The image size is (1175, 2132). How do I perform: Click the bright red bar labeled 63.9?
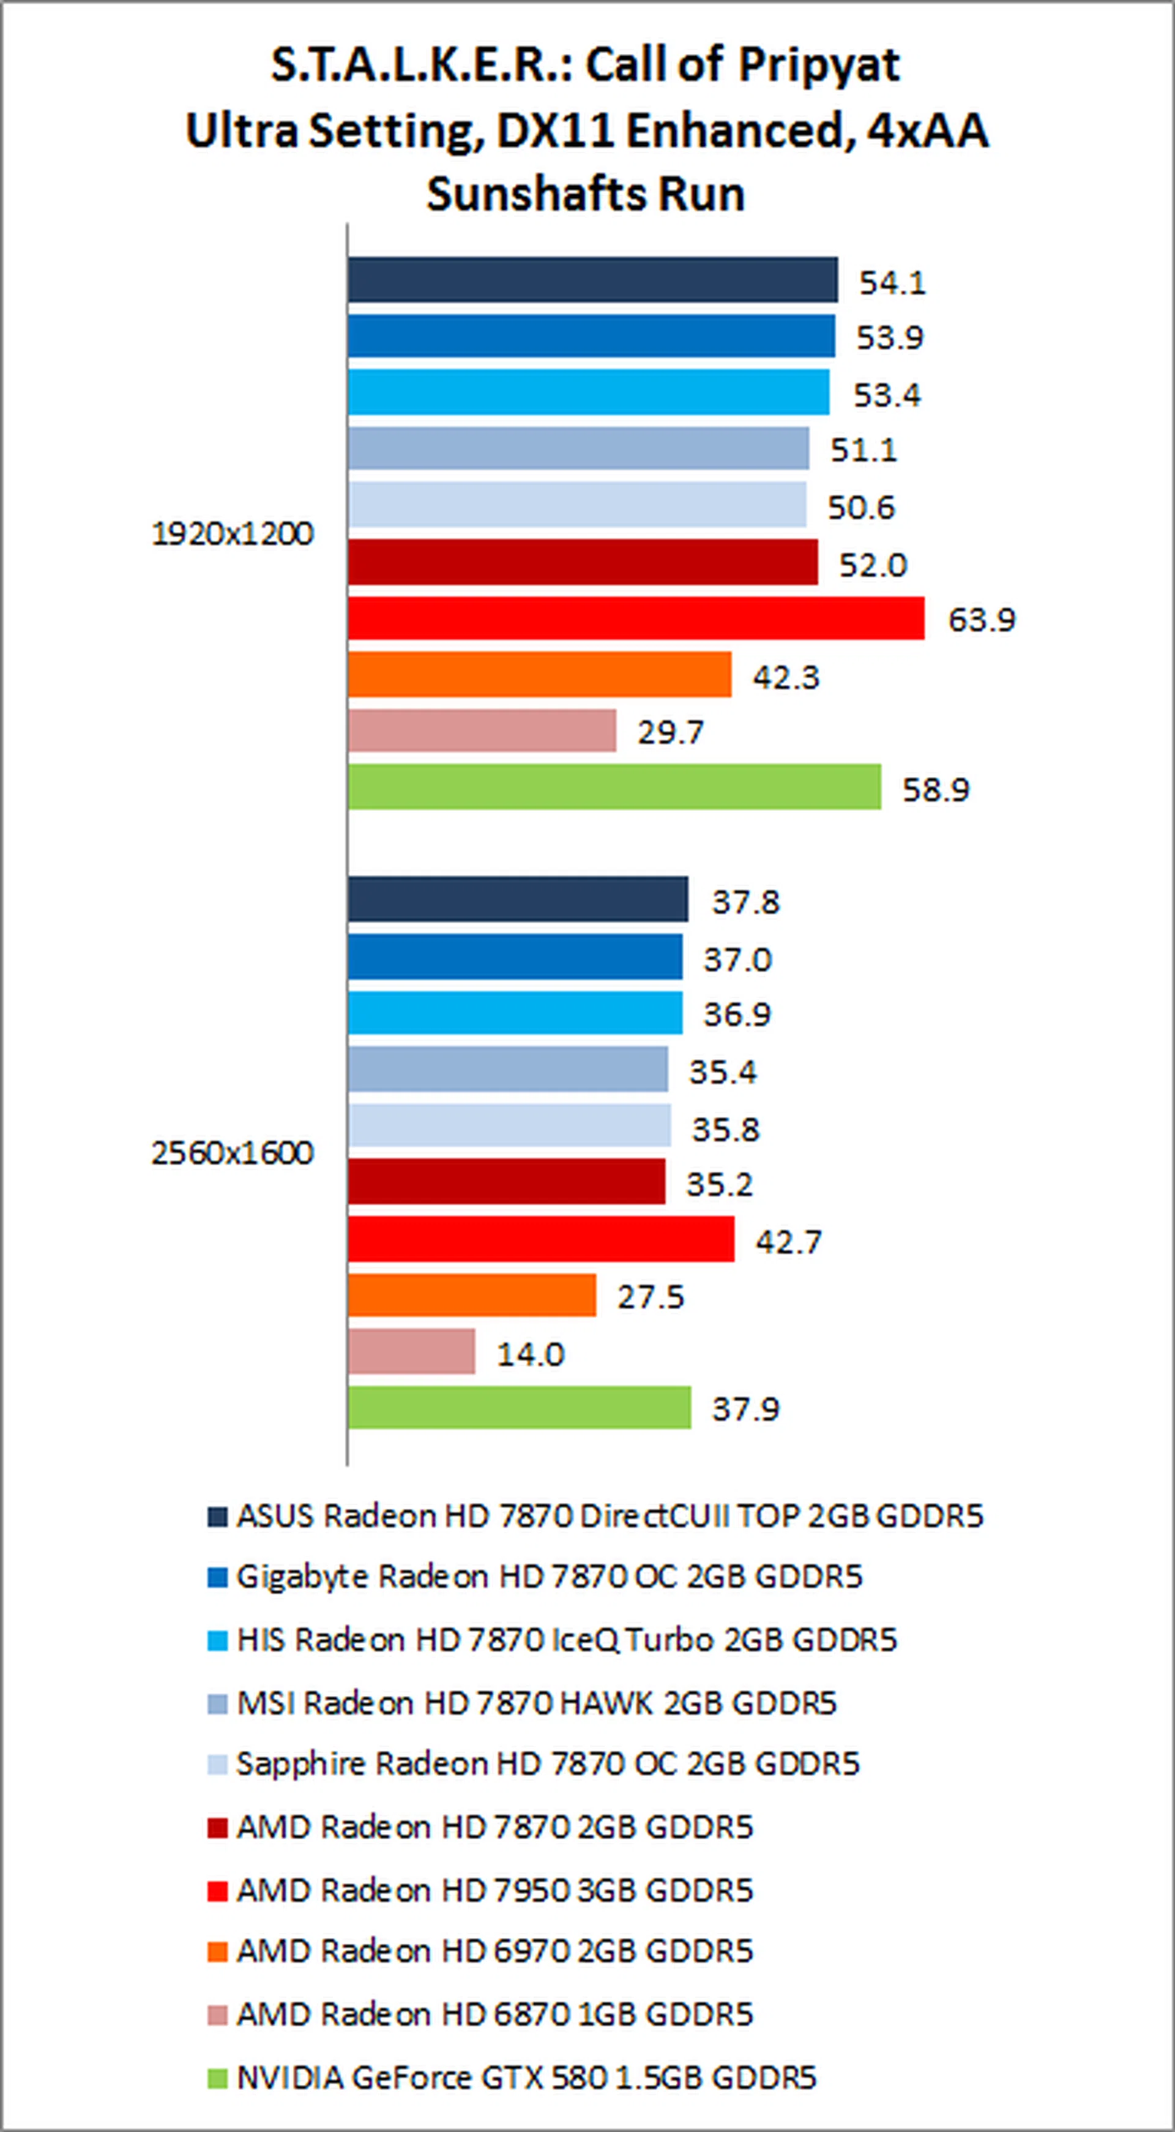[635, 618]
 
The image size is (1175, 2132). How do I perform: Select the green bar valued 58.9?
[614, 787]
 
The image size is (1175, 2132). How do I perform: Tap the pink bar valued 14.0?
[411, 1351]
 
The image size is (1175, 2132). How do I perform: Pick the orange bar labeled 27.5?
[472, 1295]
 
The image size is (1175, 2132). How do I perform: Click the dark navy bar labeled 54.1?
[592, 280]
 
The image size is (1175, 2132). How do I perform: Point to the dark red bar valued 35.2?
[506, 1182]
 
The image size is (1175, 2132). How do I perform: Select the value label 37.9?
[745, 1409]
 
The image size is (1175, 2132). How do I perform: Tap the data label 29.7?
[670, 732]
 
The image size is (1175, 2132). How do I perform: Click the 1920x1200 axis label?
[233, 534]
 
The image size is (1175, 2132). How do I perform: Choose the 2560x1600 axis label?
[233, 1153]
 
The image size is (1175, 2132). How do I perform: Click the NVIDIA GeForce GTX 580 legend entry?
[526, 2078]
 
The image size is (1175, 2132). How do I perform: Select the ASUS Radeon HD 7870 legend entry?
[610, 1516]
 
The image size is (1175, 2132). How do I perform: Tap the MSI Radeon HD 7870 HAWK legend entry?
[536, 1703]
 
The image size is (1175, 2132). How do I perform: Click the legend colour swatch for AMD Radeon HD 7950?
[217, 1890]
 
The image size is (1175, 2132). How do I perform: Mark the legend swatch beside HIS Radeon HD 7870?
[217, 1640]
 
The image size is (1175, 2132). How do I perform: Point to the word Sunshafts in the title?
[524, 195]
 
